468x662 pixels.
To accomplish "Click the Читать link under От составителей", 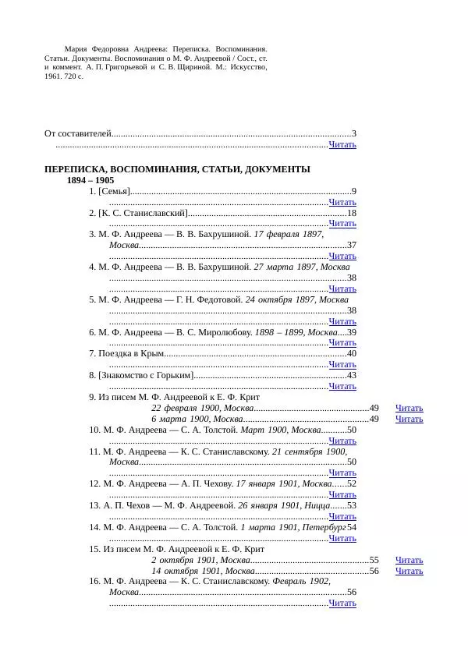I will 342,144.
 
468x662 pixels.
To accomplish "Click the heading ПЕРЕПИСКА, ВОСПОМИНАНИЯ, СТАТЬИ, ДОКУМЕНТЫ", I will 177,169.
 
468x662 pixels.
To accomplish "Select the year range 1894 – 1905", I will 90,180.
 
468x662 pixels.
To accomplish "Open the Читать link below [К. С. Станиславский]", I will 342,223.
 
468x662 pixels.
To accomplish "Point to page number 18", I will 352,213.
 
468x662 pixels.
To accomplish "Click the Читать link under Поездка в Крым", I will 342,364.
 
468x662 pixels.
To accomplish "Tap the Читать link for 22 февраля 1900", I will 409,408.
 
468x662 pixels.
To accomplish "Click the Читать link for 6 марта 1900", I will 409,419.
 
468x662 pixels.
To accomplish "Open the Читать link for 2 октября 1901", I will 409,560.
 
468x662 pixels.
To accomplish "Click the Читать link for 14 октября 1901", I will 409,571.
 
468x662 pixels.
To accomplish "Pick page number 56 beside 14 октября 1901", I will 374,571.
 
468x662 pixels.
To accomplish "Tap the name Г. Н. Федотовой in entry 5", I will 212,299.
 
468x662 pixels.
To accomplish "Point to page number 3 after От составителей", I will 354,134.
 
